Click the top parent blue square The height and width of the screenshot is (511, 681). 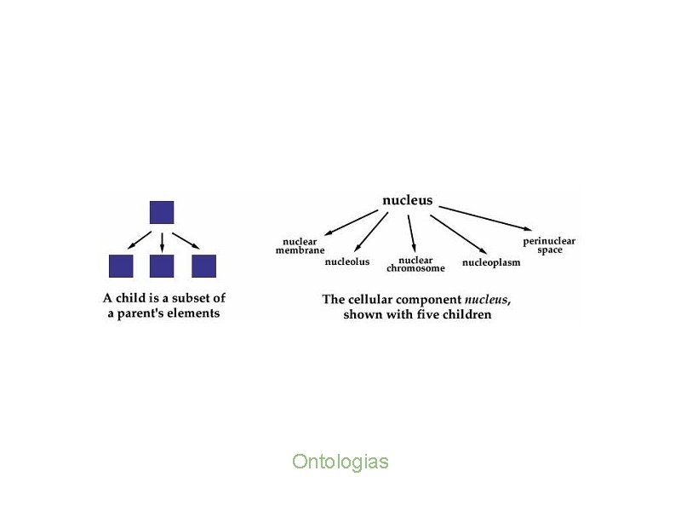click(162, 212)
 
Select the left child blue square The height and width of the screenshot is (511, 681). click(121, 266)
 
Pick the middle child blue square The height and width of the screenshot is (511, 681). click(162, 266)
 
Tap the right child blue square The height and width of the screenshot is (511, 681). click(204, 266)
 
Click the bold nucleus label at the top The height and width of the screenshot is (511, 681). click(407, 201)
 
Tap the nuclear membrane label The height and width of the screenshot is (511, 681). click(300, 245)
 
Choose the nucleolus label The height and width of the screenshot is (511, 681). click(347, 261)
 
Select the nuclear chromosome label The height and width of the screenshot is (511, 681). click(415, 264)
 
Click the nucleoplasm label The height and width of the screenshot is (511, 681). click(491, 262)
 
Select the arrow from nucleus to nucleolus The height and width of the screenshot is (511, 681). click(371, 232)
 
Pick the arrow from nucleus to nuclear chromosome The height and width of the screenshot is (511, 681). click(411, 232)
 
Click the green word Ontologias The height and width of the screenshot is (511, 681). click(340, 462)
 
